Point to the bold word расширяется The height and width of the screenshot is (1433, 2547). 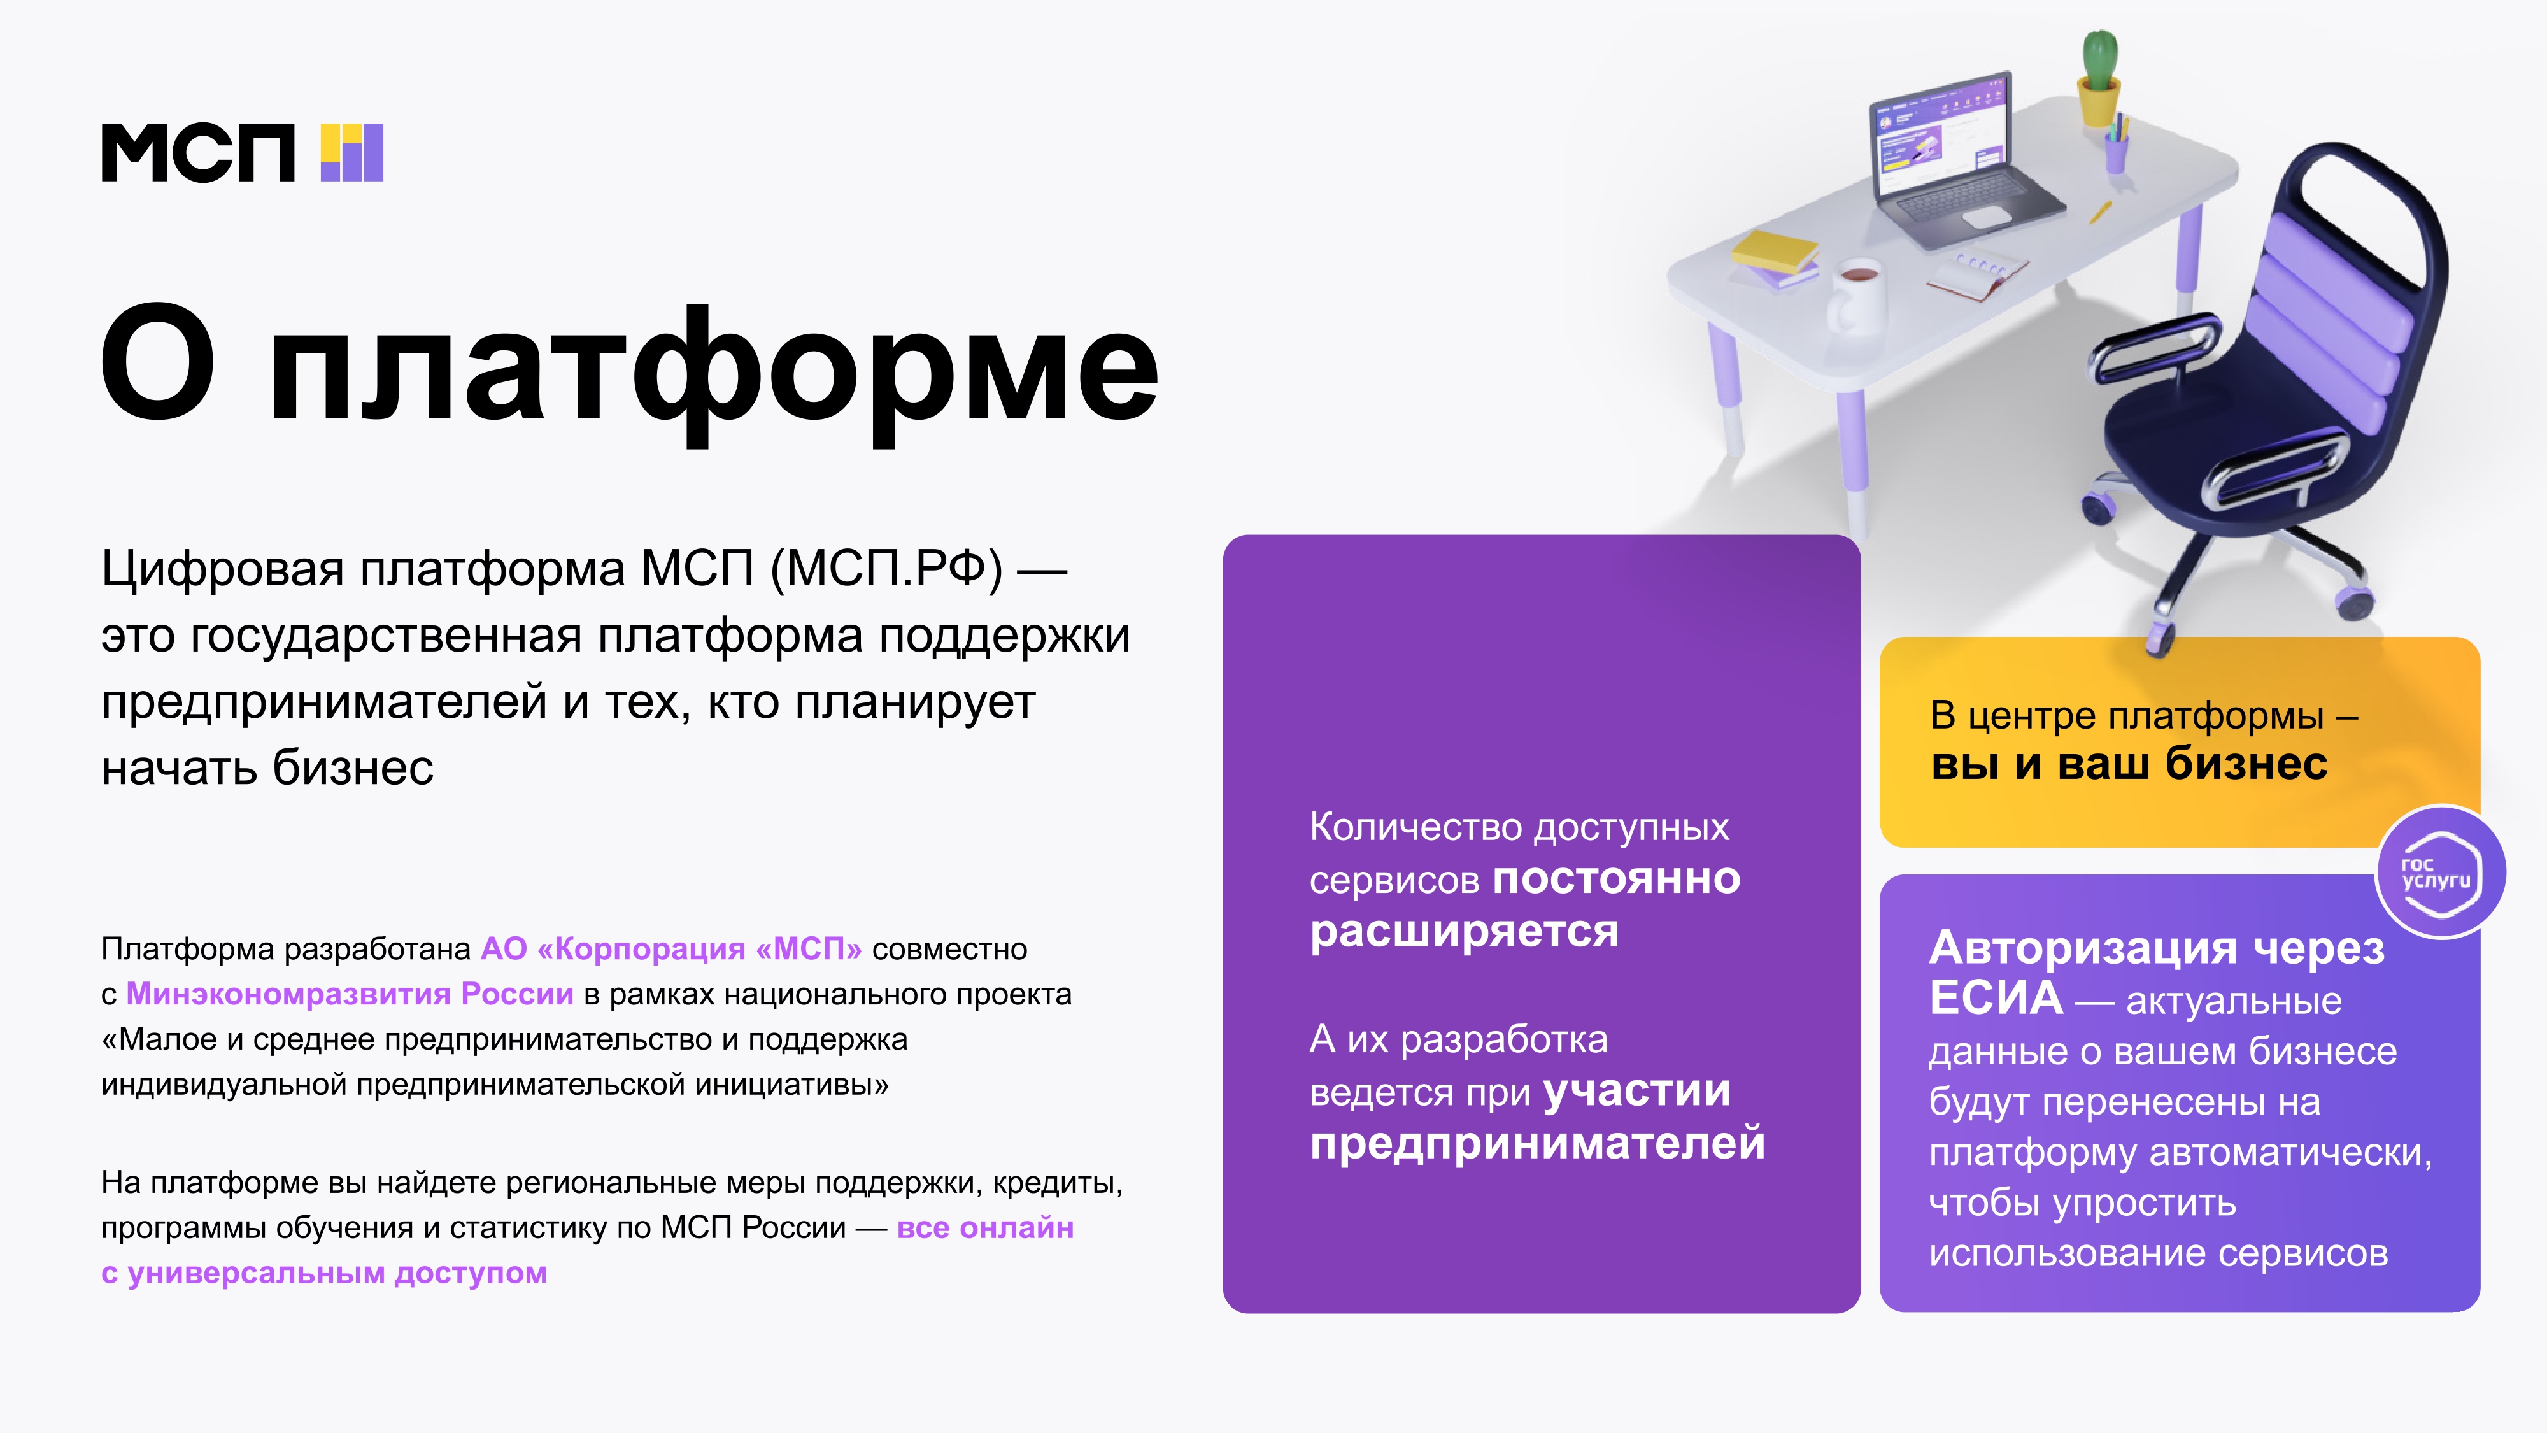click(x=1465, y=932)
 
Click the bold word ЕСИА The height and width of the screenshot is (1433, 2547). click(x=1996, y=998)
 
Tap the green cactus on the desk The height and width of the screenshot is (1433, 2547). click(x=2099, y=61)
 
